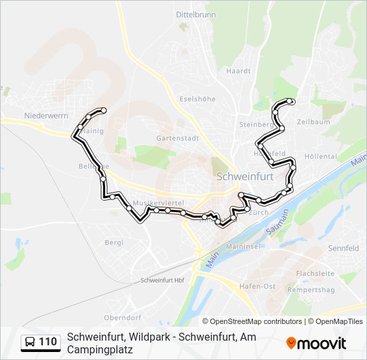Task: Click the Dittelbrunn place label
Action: (196, 14)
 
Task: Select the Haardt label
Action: (238, 71)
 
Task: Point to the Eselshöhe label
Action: (198, 99)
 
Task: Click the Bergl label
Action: (114, 242)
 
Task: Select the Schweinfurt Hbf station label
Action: (162, 281)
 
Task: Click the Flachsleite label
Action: (315, 273)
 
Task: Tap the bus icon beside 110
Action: (31, 343)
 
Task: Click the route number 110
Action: (48, 343)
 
